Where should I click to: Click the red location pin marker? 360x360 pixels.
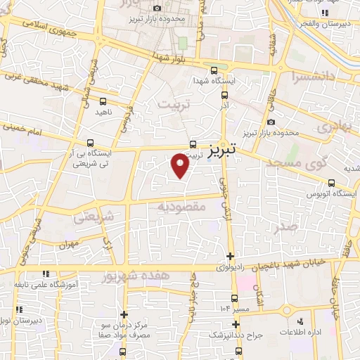point(181,165)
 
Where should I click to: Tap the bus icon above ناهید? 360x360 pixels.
point(103,101)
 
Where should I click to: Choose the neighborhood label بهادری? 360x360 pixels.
point(333,128)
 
